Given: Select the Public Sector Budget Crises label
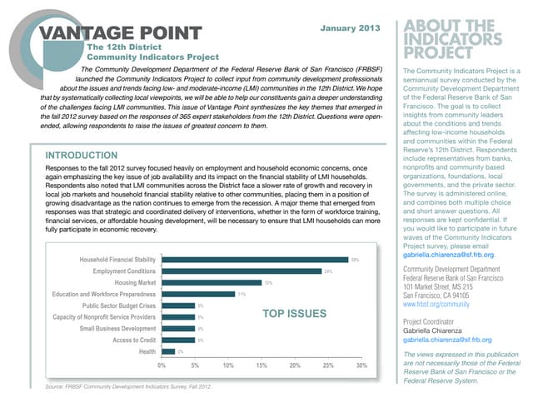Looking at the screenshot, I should click(118, 306).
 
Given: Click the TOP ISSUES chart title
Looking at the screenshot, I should click(292, 315).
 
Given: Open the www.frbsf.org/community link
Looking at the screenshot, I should click(441, 305).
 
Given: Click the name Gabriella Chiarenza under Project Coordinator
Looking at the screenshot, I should click(436, 330).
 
